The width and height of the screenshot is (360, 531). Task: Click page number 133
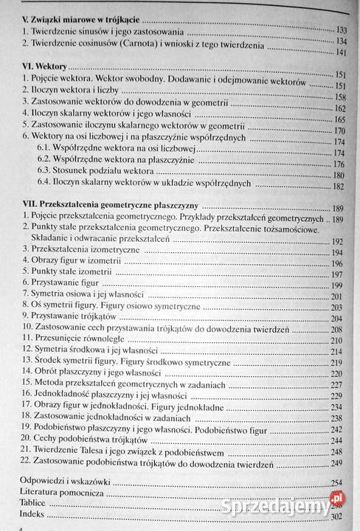click(341, 29)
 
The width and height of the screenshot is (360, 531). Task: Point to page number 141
click(341, 52)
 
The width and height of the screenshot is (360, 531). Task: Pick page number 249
click(338, 463)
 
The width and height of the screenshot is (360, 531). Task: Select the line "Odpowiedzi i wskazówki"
click(57, 482)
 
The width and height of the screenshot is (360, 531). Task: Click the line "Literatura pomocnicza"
click(52, 493)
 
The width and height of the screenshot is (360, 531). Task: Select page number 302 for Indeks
click(336, 517)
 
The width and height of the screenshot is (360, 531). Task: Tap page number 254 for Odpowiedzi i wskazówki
click(337, 483)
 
